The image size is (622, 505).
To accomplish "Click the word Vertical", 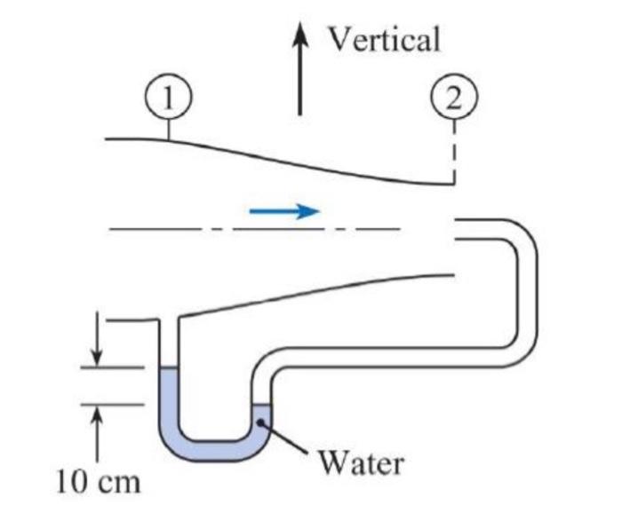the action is pos(384,39).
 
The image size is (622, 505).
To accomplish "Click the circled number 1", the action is pos(168,98).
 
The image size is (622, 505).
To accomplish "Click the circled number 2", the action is pos(454,98).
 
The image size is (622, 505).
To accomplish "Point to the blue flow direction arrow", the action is pos(284,211).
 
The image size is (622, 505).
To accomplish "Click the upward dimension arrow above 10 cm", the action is pos(99,430).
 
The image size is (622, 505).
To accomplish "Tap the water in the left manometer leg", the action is pos(168,399).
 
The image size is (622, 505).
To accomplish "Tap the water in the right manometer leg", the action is pos(261,417).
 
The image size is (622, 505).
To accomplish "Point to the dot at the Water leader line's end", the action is pos(262,424).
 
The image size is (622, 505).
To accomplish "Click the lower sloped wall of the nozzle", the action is pos(311,293).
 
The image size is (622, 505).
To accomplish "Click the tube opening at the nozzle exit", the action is pos(459,229).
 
